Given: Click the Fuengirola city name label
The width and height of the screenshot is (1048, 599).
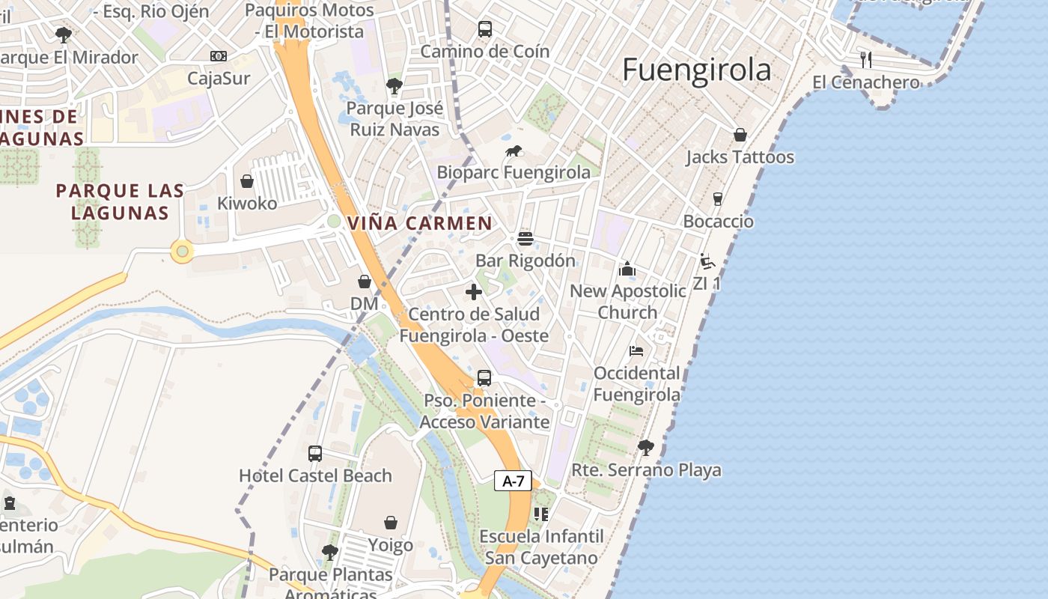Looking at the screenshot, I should point(696,70).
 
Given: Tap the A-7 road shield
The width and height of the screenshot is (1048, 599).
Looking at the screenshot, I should point(513,481).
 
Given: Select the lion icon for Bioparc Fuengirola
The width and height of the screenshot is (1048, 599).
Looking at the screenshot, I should point(514,151).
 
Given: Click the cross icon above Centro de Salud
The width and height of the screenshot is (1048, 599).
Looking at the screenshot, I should point(474,292).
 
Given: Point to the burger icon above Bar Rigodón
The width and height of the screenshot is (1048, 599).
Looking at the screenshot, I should point(525,239).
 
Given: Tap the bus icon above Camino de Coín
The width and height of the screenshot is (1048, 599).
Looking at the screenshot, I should point(485,29).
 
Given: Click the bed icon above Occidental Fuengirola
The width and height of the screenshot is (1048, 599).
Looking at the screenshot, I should point(636,350).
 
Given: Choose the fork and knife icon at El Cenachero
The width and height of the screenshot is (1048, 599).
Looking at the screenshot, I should point(866,59).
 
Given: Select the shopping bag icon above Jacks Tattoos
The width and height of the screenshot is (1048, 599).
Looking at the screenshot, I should point(740,135).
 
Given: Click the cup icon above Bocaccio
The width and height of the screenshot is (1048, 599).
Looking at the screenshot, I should point(718,199).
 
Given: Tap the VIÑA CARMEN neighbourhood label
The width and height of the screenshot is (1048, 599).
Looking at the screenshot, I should point(420,223).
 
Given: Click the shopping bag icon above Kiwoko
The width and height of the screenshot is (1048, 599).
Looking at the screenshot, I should point(247,181).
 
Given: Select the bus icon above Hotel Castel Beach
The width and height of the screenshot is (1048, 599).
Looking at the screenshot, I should point(315,453).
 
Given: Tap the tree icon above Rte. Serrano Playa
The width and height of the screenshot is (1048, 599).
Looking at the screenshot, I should point(645,448).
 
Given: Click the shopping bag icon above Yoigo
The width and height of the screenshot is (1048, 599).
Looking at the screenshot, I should point(390,522).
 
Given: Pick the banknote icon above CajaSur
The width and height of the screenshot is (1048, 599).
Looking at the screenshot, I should point(219,56).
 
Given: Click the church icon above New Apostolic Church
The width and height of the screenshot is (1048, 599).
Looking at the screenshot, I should point(627,269).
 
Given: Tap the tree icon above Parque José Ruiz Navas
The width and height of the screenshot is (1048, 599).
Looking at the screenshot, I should point(394,86).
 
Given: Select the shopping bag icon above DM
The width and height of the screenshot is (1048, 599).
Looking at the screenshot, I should point(365,282).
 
